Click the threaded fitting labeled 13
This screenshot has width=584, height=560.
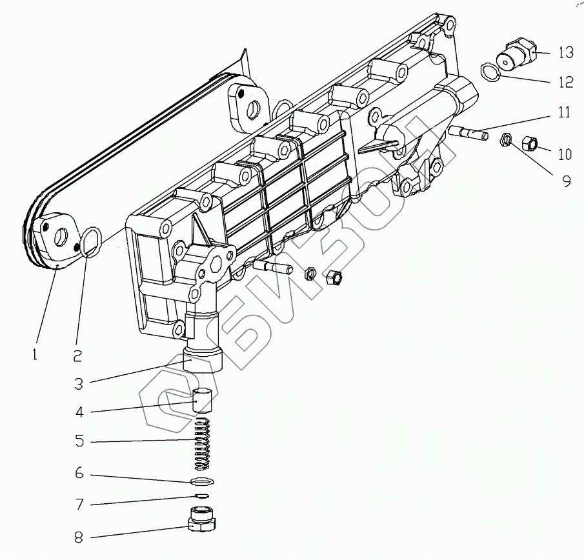click(x=516, y=53)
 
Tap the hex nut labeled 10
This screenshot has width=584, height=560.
click(x=529, y=143)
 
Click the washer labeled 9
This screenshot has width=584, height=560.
click(x=507, y=139)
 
